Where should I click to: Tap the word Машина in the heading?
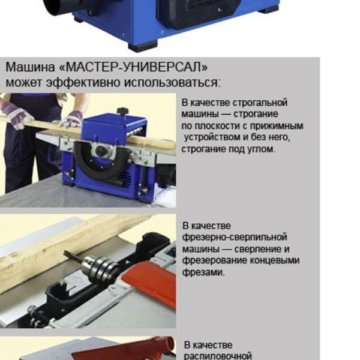(x=30, y=67)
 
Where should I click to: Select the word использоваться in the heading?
(x=172, y=82)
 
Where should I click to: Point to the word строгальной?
(x=260, y=102)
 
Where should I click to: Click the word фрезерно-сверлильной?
(x=234, y=237)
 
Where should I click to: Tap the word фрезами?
(x=203, y=272)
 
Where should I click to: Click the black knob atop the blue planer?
(x=122, y=111)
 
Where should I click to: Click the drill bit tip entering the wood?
(x=65, y=252)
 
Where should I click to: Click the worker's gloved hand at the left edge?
(x=15, y=114)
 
